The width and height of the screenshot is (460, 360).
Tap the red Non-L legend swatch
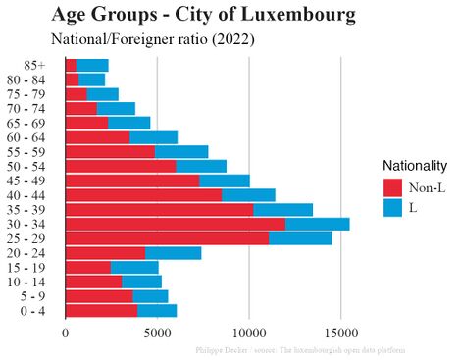click(392, 186)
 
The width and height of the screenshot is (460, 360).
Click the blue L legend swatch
click(392, 207)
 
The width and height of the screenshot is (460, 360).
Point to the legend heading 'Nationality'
click(415, 165)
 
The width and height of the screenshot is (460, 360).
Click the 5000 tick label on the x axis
click(157, 333)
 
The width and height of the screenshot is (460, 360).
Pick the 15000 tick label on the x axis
click(340, 333)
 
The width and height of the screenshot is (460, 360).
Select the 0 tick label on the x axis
click(66, 333)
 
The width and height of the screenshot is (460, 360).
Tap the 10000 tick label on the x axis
click(249, 333)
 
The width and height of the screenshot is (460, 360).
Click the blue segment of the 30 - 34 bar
click(317, 224)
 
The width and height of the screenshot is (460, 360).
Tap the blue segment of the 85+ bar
click(92, 65)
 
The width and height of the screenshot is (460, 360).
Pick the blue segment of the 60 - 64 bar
click(153, 137)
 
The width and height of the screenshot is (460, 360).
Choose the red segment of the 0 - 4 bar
click(101, 311)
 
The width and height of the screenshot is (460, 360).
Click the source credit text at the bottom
click(299, 349)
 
